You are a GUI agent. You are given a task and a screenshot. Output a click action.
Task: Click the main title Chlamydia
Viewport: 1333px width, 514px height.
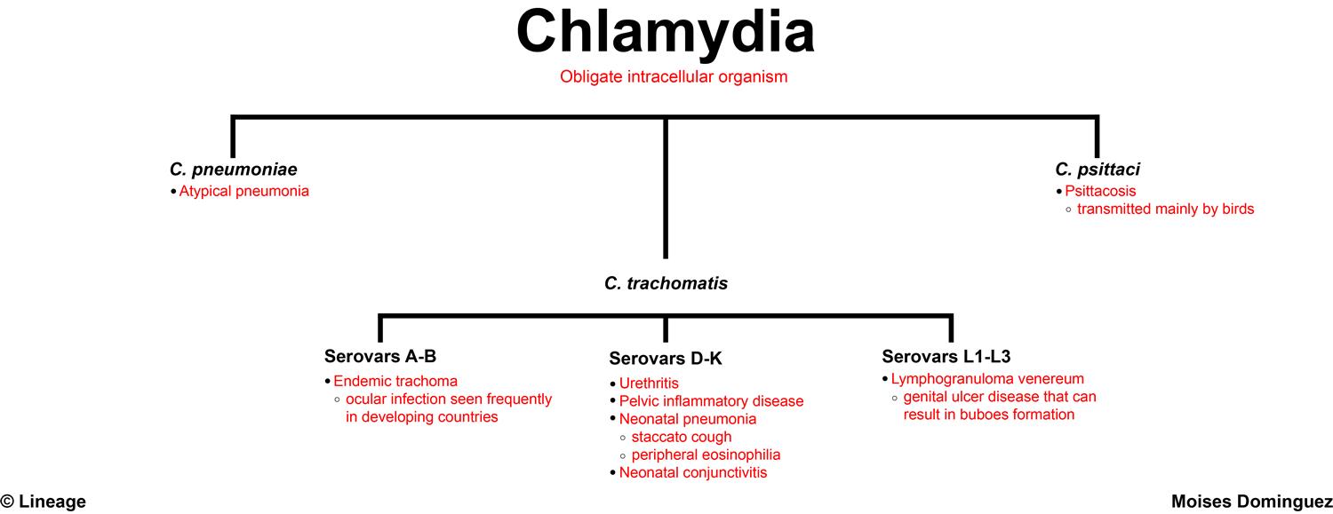[x=666, y=32]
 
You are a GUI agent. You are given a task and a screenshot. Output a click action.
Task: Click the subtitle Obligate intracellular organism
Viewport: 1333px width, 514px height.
[x=674, y=77]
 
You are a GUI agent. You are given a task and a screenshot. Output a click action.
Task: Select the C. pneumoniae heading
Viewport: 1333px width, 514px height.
[x=234, y=169]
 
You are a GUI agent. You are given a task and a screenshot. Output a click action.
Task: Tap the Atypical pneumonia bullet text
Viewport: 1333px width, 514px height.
[x=244, y=191]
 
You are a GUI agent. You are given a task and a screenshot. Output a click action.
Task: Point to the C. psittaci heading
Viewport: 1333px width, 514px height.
[x=1098, y=169]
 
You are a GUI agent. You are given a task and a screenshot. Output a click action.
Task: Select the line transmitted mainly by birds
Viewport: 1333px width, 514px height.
[x=1165, y=210]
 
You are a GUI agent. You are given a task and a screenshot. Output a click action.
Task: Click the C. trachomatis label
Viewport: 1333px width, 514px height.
[x=666, y=284]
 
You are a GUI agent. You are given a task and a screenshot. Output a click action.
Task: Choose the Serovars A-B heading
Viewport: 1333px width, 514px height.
[x=380, y=357]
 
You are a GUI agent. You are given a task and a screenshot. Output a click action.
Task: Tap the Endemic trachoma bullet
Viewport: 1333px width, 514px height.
[x=395, y=382]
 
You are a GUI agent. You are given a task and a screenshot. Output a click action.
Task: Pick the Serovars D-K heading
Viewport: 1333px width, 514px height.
[x=666, y=359]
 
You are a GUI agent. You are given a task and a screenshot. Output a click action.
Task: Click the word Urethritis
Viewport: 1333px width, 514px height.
[x=649, y=384]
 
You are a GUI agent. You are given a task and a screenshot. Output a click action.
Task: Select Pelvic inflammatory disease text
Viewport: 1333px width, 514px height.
[x=711, y=401]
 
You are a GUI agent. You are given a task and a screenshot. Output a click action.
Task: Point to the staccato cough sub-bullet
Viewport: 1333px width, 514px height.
[x=682, y=437]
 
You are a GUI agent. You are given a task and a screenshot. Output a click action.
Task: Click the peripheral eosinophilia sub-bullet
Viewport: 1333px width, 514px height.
[x=706, y=455]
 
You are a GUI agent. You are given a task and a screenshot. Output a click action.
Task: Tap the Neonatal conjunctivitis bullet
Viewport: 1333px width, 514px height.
[x=693, y=472]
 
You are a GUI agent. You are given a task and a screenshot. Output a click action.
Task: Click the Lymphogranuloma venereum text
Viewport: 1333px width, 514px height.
[x=987, y=379]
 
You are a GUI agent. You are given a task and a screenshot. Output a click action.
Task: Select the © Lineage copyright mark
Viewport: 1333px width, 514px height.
[x=44, y=502]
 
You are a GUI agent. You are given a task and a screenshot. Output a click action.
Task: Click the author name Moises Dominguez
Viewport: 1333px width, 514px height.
[x=1251, y=502]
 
